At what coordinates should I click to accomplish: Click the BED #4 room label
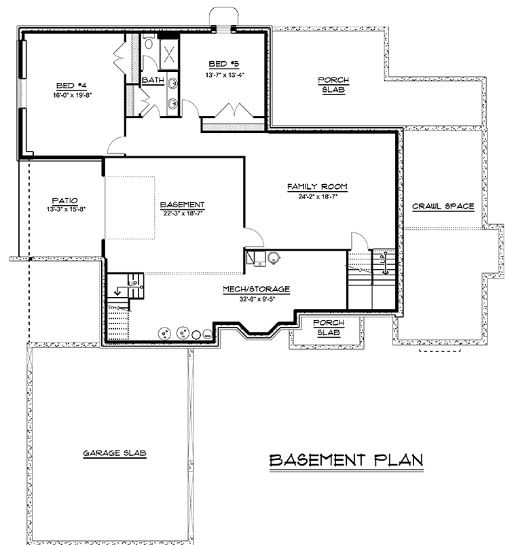[71, 86]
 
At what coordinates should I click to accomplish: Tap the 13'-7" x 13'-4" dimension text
[225, 75]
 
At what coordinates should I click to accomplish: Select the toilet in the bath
[149, 41]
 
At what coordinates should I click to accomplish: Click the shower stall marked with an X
[169, 54]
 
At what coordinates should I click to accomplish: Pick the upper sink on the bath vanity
[172, 84]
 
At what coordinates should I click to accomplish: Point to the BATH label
[153, 80]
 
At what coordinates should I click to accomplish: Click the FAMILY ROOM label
[317, 187]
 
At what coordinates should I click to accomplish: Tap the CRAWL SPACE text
[443, 206]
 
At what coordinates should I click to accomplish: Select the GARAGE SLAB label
[115, 453]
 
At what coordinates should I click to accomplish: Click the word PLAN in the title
[399, 460]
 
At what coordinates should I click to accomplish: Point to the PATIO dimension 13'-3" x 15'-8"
[66, 209]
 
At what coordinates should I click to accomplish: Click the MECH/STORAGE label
[256, 289]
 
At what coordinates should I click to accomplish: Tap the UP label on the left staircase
[133, 283]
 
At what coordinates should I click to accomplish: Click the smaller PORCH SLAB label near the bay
[329, 328]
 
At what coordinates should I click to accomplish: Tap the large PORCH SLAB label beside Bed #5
[333, 85]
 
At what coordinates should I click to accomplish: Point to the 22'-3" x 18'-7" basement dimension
[183, 213]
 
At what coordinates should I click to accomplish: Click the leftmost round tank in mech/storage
[164, 334]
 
